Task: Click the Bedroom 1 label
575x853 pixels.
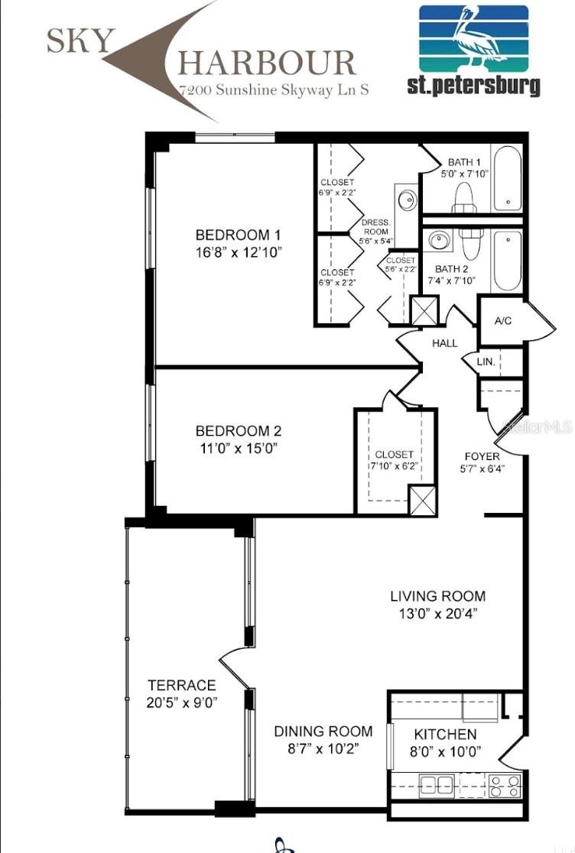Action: click(232, 235)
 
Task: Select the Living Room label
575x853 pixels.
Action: click(437, 596)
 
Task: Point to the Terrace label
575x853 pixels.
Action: click(182, 685)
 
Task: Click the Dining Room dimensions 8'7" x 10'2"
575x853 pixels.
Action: click(323, 749)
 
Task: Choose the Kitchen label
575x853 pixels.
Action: click(445, 734)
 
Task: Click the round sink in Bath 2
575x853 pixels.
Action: click(439, 242)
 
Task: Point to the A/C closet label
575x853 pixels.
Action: click(502, 321)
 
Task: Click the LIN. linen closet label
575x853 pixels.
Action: click(486, 362)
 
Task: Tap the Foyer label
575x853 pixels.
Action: click(482, 456)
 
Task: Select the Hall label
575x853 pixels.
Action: click(444, 344)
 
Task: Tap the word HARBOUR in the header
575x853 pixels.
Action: click(267, 63)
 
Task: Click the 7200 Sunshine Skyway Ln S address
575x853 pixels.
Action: click(274, 89)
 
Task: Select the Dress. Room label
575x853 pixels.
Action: click(375, 226)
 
